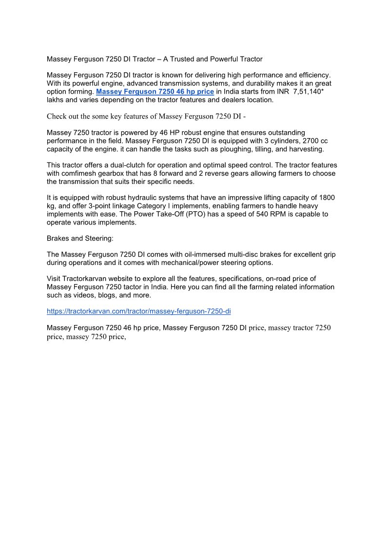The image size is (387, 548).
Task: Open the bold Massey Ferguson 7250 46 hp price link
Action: [155, 92]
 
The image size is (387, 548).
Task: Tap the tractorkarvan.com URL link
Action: [138, 311]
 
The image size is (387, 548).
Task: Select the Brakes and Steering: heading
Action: [80, 239]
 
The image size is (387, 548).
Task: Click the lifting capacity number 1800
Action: [326, 198]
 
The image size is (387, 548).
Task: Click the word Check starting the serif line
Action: [57, 116]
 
